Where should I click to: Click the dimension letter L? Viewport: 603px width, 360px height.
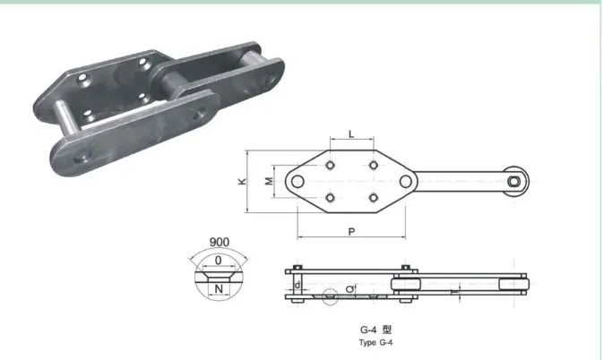pos(350,134)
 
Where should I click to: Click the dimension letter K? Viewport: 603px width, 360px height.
pos(243,181)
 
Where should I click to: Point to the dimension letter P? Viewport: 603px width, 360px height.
pos(350,231)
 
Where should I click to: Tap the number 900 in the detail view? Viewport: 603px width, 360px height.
pos(219,243)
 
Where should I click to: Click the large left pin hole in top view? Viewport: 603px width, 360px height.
pos(296,182)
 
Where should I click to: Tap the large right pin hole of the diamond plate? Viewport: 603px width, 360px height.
pos(406,182)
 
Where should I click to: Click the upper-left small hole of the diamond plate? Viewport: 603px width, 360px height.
pos(332,167)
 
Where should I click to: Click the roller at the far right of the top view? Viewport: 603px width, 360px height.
pos(516,182)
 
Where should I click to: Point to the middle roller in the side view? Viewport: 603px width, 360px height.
pos(399,286)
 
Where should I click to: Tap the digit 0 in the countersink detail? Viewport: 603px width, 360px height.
pos(219,261)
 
